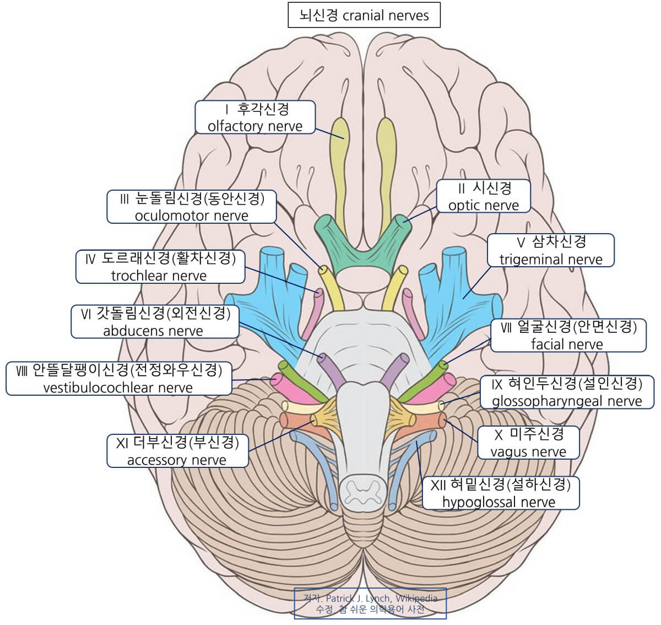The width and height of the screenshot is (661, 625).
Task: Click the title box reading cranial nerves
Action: click(364, 15)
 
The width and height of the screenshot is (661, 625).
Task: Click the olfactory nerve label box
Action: click(255, 117)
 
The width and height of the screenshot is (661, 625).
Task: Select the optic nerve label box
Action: click(484, 196)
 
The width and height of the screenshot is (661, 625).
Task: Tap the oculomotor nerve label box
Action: click(192, 207)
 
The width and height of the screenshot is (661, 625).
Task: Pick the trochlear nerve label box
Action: click(160, 267)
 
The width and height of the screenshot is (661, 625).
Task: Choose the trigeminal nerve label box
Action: click(550, 250)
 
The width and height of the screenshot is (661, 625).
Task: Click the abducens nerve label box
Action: click(155, 322)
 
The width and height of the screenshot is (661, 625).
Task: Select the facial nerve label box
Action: click(568, 335)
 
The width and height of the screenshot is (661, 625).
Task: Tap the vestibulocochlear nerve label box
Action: click(118, 379)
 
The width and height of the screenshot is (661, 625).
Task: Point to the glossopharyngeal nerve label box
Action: click(567, 392)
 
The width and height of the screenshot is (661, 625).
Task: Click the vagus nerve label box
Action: click(528, 443)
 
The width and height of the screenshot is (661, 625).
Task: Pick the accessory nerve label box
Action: click(177, 451)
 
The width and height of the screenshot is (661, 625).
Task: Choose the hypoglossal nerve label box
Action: click(500, 493)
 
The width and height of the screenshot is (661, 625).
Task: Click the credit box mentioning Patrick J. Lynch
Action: click(370, 604)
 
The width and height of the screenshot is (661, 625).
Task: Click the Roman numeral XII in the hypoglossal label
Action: click(438, 485)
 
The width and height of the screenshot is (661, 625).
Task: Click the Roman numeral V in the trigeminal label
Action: click(521, 242)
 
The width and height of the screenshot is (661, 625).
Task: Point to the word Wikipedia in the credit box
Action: click(416, 599)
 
